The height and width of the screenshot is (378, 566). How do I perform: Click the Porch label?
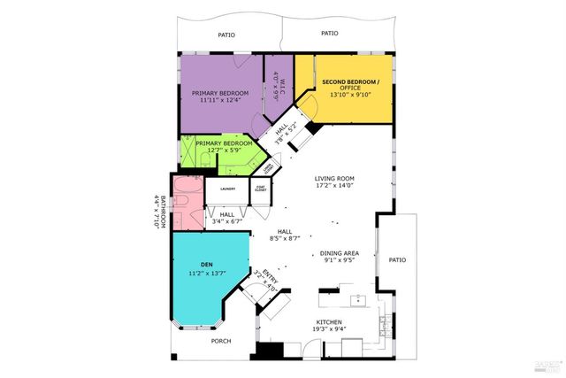pos(221,341)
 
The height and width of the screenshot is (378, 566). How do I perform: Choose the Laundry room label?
pos(227,187)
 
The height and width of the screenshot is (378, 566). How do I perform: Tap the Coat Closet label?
pos(261,188)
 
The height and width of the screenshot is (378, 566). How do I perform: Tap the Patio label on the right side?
pos(398,260)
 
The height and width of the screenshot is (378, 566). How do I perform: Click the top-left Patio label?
pos(227,35)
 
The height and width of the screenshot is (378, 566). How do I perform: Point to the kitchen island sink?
pos(358,297)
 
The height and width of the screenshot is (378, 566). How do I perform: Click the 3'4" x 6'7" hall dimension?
pos(227,221)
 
